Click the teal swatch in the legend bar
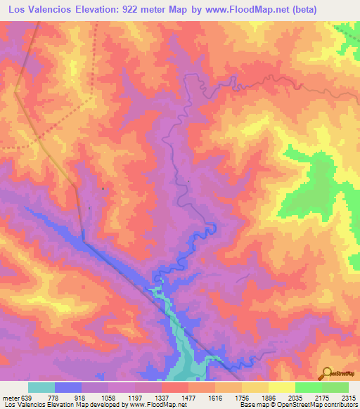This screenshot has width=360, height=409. [41, 387]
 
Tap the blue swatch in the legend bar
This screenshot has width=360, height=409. [68, 387]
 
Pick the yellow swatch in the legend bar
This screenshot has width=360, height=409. [281, 387]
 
